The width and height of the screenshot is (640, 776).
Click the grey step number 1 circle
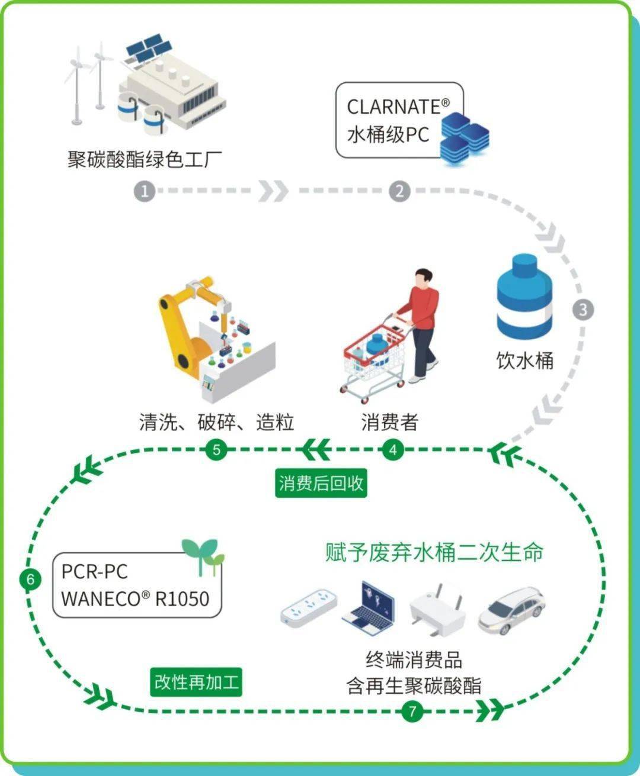[x=144, y=191]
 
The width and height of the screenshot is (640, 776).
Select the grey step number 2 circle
[x=399, y=191]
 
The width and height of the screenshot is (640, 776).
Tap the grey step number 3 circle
[x=583, y=310]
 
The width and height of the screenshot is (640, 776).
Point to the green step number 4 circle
[x=392, y=450]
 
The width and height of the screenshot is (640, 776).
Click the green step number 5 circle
[x=216, y=450]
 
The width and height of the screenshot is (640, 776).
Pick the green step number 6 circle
[x=30, y=578]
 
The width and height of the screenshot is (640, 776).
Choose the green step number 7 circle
[x=412, y=710]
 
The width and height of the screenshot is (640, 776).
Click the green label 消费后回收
[x=321, y=483]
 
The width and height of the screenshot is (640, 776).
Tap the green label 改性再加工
[x=196, y=682]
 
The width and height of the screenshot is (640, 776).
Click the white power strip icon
[x=308, y=607]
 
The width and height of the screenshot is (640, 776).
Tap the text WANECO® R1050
[x=135, y=598]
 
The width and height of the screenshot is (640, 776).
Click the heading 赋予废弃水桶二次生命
[x=434, y=552]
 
